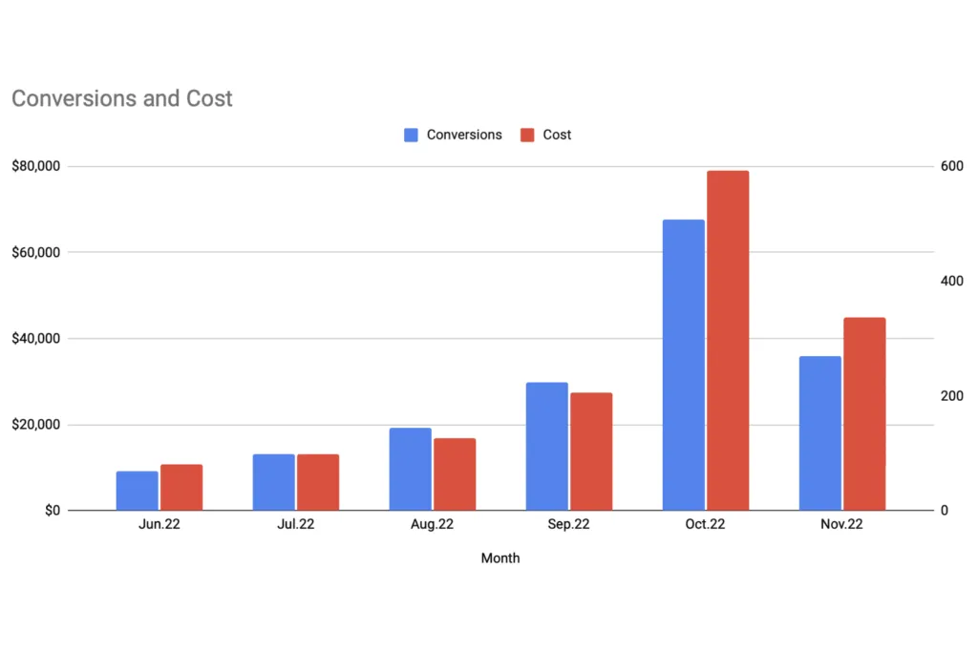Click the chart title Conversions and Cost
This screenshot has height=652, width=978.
click(x=121, y=98)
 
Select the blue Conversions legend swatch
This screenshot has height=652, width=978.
click(x=412, y=135)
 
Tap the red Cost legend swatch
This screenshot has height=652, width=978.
click(x=528, y=135)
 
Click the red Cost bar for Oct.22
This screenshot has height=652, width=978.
click(x=728, y=341)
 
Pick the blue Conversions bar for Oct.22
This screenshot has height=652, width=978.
click(x=684, y=365)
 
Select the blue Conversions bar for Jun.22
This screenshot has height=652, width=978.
click(x=138, y=491)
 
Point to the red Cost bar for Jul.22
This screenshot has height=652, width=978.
click(x=318, y=482)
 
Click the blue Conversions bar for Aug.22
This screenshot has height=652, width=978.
click(x=411, y=469)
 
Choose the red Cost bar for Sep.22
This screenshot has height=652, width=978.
click(x=591, y=452)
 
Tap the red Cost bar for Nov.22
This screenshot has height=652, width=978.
click(x=864, y=414)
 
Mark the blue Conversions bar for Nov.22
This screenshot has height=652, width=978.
click(x=820, y=433)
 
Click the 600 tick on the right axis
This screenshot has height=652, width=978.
click(x=951, y=166)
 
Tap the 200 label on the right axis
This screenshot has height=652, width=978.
click(x=951, y=396)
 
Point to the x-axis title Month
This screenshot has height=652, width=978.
click(x=500, y=558)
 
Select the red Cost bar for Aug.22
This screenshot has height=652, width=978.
click(x=455, y=474)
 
